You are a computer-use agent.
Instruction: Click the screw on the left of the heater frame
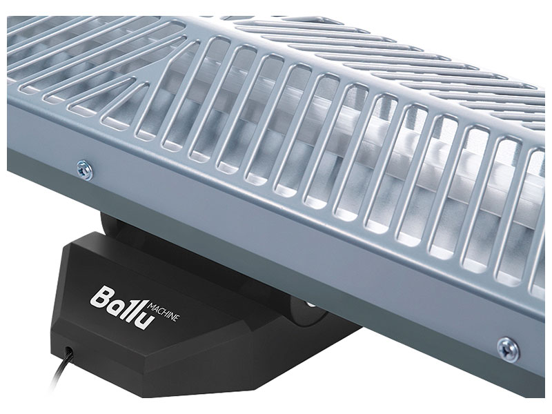pos(85,169)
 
